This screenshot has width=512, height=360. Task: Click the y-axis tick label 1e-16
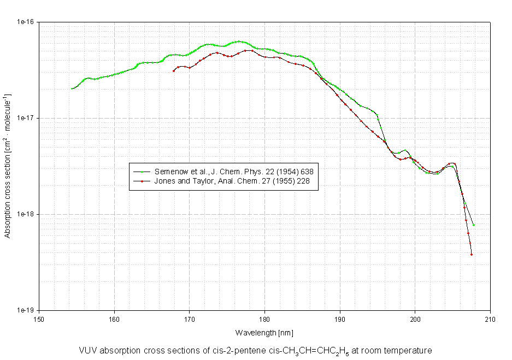point(26,22)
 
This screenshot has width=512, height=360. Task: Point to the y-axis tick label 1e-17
point(26,118)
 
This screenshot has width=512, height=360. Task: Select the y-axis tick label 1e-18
point(26,214)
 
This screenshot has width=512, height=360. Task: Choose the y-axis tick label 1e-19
point(26,310)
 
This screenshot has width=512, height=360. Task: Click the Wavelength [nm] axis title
point(264,332)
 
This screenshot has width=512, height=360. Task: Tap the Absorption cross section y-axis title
point(8,166)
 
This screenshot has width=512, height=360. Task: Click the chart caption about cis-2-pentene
point(255,351)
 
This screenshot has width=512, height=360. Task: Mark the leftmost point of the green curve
point(72,88)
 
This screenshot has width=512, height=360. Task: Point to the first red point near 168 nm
point(174,70)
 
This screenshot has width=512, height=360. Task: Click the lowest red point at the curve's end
point(471,255)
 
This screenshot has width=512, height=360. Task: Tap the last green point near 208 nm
point(474,225)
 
